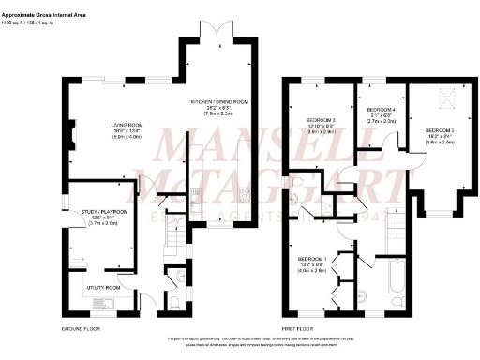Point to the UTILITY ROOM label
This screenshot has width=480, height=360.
[105, 287]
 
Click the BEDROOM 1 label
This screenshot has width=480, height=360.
[312, 258]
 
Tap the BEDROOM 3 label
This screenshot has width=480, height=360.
[322, 120]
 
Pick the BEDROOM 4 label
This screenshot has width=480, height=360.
[381, 109]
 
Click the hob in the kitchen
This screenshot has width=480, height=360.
[246, 195]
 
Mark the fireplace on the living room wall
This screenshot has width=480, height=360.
[68, 136]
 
